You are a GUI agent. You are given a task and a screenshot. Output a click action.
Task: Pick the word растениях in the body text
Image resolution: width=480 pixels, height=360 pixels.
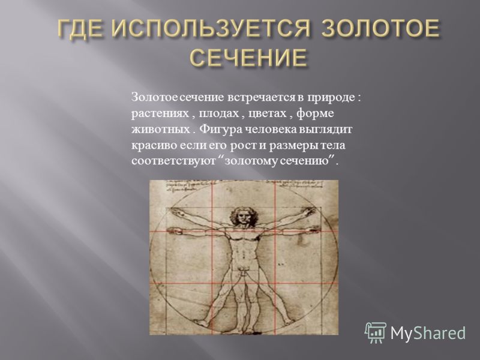(160, 114)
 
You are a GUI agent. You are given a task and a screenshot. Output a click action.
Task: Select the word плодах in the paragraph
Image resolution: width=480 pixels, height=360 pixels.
(218, 114)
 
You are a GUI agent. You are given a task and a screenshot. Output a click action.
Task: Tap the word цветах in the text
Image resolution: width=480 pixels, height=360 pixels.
(267, 114)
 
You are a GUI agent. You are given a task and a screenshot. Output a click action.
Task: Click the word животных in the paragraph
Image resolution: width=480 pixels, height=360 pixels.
(160, 129)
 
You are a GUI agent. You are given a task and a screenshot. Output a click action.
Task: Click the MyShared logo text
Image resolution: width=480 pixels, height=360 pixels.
(428, 333)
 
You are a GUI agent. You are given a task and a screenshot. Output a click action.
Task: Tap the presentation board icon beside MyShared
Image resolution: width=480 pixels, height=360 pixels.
(376, 332)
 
